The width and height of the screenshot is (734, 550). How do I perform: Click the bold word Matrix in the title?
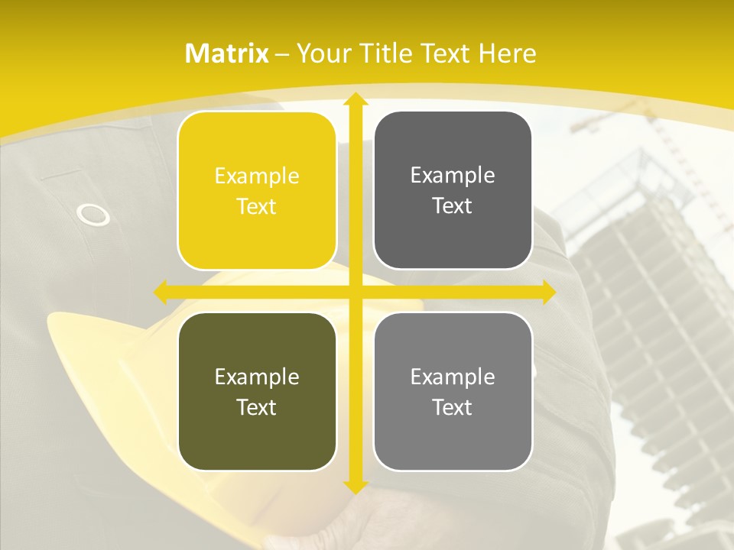coord(227,53)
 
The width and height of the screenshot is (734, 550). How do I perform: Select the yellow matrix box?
coord(257,191)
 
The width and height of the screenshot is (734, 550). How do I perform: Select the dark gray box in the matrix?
coord(453,191)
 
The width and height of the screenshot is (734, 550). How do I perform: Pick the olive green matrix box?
coord(257,391)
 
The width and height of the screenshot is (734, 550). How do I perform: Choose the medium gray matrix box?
coord(453,391)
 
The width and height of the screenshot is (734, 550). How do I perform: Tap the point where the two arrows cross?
coord(355,292)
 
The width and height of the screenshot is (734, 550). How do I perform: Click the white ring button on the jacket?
coord(93,215)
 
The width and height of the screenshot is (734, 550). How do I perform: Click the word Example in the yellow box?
coord(257,176)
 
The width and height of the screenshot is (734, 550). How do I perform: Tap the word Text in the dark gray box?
coord(453,205)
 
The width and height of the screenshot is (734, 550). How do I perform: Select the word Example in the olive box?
coord(257,377)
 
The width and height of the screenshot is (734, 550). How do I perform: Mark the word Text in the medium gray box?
coord(453,407)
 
